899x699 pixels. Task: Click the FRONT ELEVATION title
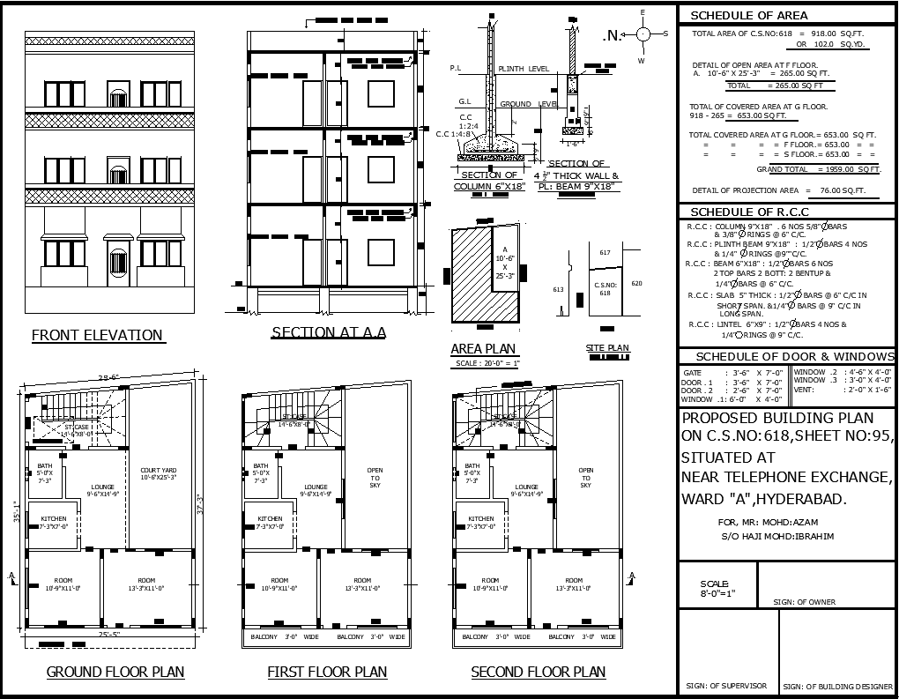coord(97,335)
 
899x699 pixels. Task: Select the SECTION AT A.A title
coord(328,332)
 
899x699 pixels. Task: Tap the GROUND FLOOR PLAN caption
coord(115,672)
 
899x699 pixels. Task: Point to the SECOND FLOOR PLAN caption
coord(538,672)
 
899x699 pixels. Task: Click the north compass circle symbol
coord(643,34)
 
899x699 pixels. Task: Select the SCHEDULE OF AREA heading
coord(748,15)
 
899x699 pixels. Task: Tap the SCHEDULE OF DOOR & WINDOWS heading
coord(794,357)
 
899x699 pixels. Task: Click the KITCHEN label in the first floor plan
coord(270,518)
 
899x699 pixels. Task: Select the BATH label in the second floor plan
coord(472,466)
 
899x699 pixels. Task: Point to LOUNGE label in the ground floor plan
coord(104,487)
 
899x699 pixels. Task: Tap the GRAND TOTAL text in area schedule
coord(781,169)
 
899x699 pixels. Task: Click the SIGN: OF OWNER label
coord(804,602)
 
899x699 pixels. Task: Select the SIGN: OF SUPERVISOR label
coord(726,686)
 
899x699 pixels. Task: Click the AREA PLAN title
coord(483,349)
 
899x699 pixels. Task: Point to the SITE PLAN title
coord(608,348)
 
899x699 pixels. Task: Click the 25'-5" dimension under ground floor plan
coord(109,634)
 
